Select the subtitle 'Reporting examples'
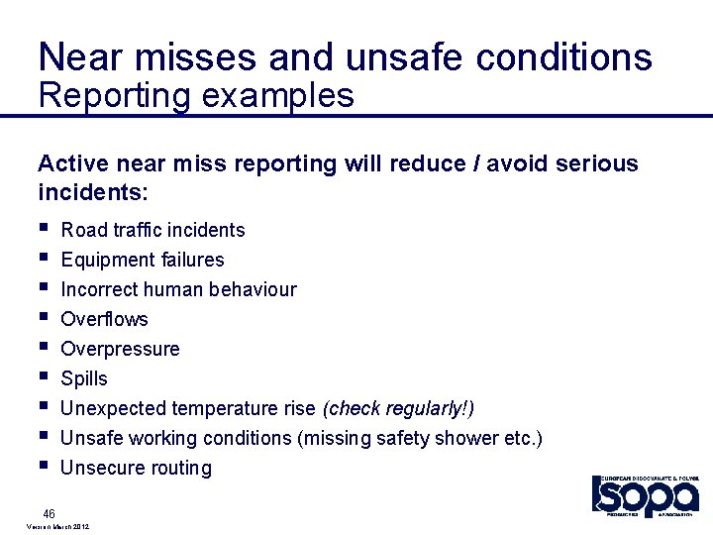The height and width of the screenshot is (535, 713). (x=195, y=96)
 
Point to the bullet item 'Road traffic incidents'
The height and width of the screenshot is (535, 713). (x=153, y=230)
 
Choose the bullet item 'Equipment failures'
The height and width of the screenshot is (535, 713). (x=142, y=260)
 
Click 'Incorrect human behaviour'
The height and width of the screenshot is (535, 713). (x=178, y=289)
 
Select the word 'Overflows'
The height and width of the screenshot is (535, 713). (x=104, y=319)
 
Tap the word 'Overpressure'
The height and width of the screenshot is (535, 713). (x=120, y=349)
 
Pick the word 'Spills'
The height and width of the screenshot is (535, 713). (x=84, y=378)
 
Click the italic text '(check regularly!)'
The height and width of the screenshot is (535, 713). (x=398, y=408)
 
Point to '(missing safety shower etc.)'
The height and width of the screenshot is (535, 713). (x=420, y=438)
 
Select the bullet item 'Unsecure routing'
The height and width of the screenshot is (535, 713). (x=136, y=468)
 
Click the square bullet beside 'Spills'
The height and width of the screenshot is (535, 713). (x=43, y=376)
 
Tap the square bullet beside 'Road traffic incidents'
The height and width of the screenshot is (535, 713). (x=43, y=228)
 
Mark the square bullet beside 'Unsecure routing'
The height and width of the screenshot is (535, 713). (x=43, y=466)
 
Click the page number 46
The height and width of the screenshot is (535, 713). (x=49, y=512)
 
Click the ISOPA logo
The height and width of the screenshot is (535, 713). (x=645, y=495)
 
